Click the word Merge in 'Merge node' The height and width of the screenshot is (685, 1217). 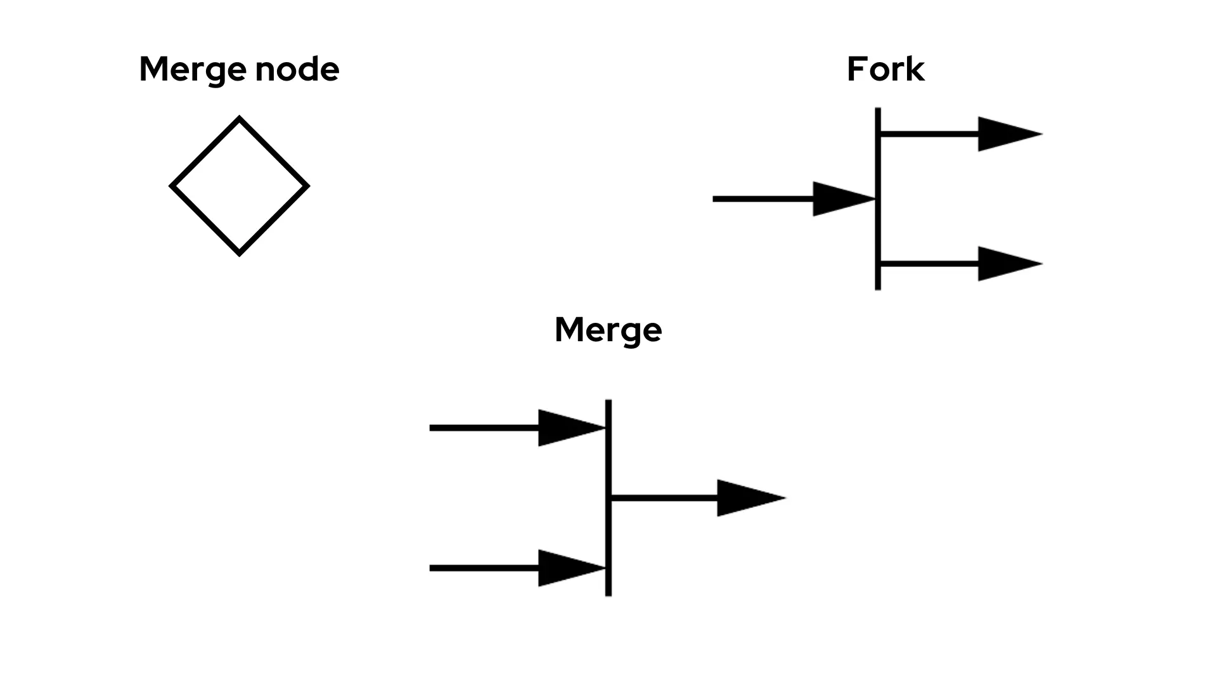point(193,69)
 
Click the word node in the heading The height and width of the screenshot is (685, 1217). point(297,69)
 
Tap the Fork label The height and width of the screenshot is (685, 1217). point(885,69)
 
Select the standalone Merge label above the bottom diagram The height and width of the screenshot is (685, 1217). point(608,329)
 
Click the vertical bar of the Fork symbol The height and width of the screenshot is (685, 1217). point(878,228)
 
